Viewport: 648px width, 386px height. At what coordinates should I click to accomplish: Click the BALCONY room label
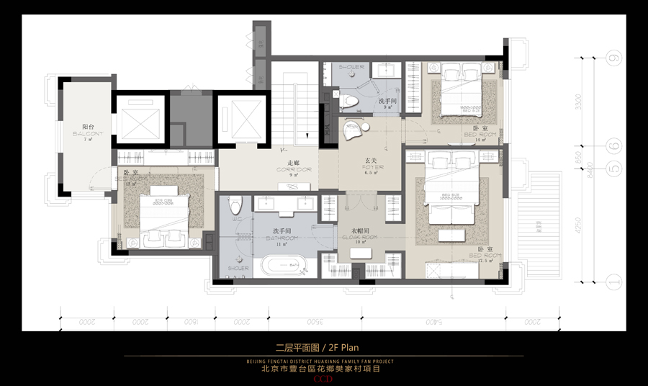88,134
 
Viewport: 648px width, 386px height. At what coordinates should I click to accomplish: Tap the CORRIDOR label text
294,170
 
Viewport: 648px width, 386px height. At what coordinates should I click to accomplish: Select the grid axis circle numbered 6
613,146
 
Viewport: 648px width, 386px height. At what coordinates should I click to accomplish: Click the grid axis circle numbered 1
613,282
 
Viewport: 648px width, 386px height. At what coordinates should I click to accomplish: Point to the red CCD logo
323,377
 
